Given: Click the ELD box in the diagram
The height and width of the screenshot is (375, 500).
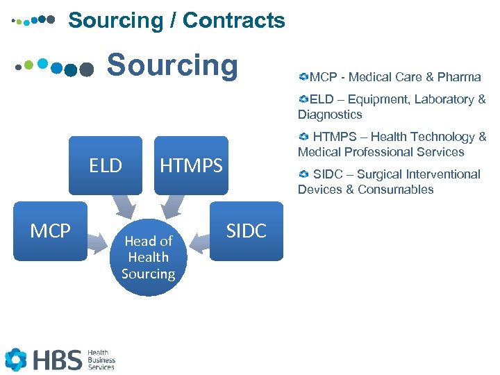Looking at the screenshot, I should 106,165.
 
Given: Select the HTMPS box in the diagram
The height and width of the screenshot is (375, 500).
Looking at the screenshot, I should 191,165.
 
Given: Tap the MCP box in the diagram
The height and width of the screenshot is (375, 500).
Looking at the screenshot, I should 51,231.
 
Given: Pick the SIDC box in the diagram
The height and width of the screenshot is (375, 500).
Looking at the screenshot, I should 247,231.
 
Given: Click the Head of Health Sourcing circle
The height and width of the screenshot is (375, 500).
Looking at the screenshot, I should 148,257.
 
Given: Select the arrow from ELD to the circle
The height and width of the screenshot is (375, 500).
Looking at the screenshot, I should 125,206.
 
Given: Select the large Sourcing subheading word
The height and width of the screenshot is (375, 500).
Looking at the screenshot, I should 172,65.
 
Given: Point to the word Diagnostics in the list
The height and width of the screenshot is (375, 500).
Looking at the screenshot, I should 330,115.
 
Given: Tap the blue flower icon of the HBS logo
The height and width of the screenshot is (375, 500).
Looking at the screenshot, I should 16,359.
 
